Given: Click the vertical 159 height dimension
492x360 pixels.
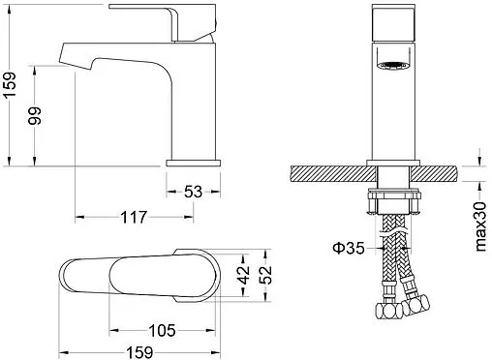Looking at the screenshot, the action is coord(10,85).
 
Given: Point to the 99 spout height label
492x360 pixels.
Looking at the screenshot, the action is coord(35,116).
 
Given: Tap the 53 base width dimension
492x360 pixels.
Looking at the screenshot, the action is coord(193,192).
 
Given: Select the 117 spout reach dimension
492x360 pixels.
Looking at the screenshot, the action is coord(134,217).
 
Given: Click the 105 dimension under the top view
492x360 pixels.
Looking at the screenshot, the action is coord(162,331).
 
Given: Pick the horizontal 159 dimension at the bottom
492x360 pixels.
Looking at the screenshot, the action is coord(139,352).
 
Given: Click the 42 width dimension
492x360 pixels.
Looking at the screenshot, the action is coord(244,275).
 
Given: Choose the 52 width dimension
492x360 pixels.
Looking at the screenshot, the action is coord(265,275).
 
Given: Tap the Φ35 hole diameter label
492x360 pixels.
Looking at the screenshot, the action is coord(349,248).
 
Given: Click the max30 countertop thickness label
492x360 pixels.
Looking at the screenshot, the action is coord(480,226).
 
